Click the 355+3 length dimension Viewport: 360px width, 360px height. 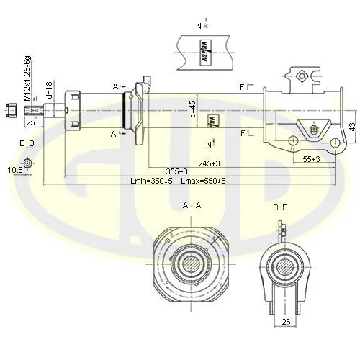pos(176,171)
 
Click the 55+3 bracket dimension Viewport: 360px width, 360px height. pos(312,158)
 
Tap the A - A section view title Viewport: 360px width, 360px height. pos(192,206)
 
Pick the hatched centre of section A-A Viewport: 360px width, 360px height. pos(191,264)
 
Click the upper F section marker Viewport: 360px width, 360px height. pos(243,88)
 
